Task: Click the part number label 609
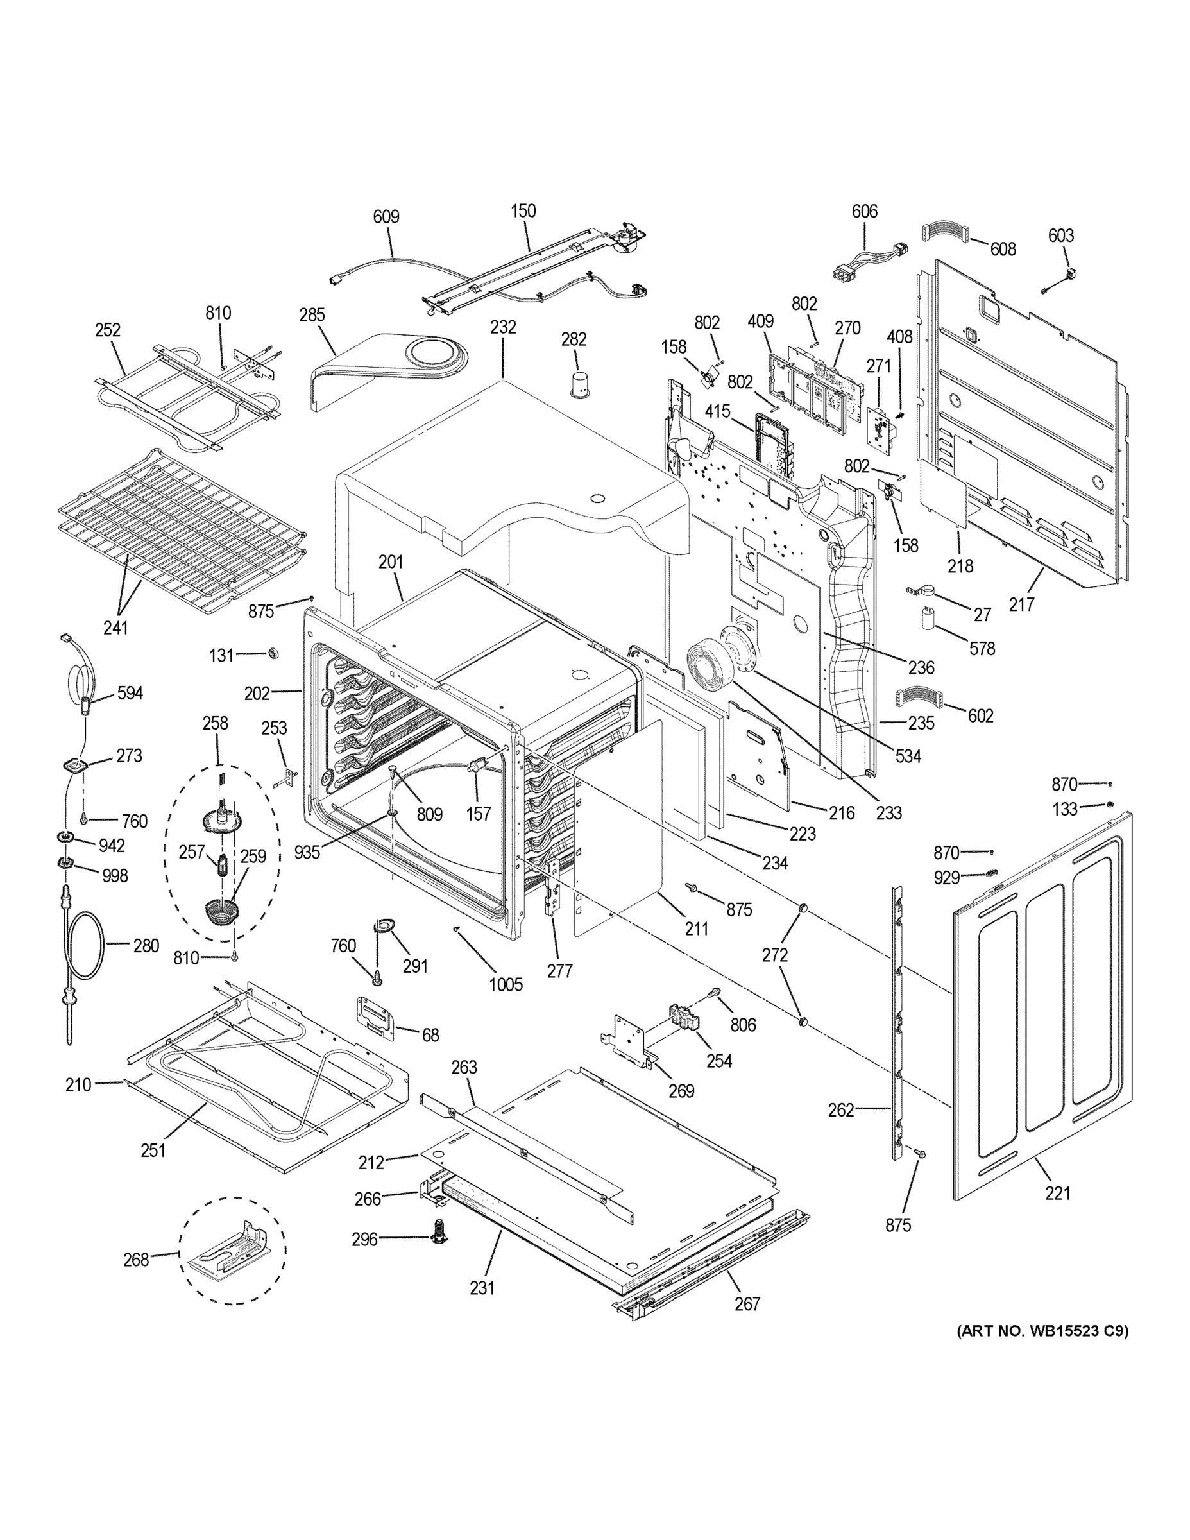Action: click(x=386, y=216)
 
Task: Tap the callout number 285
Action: click(x=312, y=314)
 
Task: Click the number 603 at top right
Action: click(x=1060, y=235)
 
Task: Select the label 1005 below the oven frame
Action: click(x=506, y=984)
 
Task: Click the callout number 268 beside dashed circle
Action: click(x=136, y=1260)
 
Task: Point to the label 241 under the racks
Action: click(x=115, y=627)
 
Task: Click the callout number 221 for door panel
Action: click(x=1057, y=1193)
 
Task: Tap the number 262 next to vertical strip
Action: click(x=841, y=1110)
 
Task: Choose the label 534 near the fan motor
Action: click(x=908, y=756)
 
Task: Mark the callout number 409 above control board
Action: click(x=761, y=321)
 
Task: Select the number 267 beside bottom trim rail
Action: click(x=747, y=1304)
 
